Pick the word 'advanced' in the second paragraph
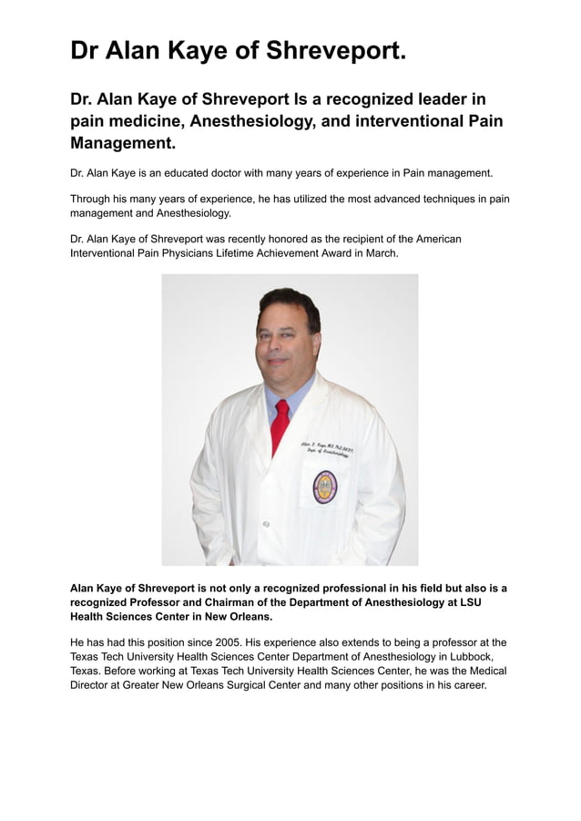[x=370, y=199]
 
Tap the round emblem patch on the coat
[x=325, y=487]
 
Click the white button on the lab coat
[x=266, y=525]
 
